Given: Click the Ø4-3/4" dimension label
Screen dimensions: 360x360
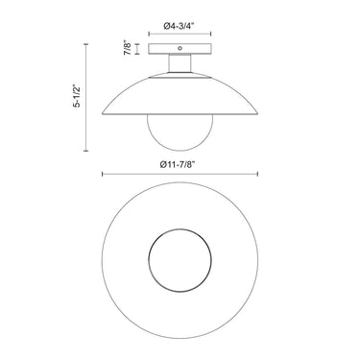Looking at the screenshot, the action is pos(180,27).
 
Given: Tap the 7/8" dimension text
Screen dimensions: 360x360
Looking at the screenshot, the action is pos(128,48).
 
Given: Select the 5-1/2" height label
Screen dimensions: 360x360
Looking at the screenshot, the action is pos(77,96).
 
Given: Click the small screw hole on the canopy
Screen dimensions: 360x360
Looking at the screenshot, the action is pos(180,49).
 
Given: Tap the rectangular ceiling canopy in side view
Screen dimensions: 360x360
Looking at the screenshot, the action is pos(180,49).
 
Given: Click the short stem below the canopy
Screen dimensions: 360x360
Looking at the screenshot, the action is pos(180,63).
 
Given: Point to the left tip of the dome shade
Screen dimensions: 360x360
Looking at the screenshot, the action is pos(103,113).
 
